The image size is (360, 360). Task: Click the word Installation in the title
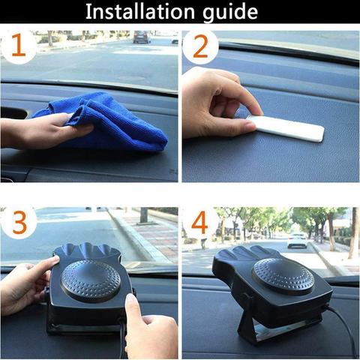pos(140,11)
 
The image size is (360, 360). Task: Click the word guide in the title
pos(230,13)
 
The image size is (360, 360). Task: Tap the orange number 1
pos(19,45)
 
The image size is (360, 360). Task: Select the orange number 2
pos(200,46)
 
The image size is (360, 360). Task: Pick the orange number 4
pos(200,223)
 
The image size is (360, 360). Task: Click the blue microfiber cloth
pos(107,122)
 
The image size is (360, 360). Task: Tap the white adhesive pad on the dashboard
pos(286,127)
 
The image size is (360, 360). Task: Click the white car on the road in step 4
pos(298,240)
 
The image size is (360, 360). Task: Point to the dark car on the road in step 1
pos(142,37)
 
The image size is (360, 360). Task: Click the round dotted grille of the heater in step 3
pos(91,280)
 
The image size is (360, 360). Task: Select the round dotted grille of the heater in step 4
pos(283,277)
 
